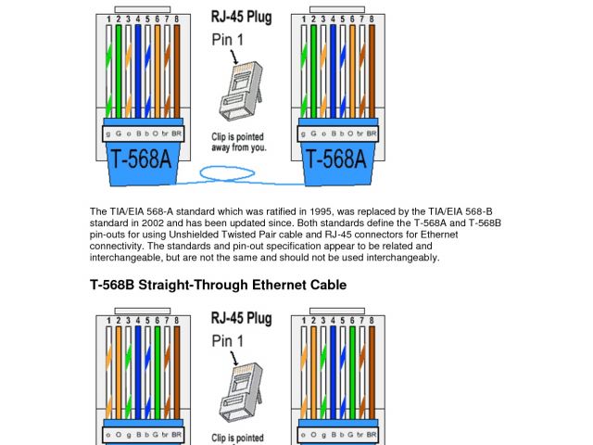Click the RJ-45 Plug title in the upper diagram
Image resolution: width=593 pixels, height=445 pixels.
tap(241, 17)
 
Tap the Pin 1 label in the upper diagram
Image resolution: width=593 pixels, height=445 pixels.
tap(227, 40)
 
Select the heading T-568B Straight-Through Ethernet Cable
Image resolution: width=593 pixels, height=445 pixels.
tap(219, 285)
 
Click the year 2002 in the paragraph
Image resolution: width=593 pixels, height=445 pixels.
tap(153, 222)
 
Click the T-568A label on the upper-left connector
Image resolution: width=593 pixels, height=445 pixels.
tap(141, 159)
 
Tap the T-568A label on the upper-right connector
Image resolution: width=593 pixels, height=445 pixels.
tap(336, 159)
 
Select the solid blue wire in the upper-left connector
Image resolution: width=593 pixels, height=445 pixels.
tap(138, 71)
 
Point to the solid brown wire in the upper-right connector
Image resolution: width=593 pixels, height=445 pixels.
tap(372, 71)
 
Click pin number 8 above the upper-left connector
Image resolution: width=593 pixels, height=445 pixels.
tap(177, 19)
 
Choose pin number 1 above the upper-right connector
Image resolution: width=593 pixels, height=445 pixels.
tap(304, 19)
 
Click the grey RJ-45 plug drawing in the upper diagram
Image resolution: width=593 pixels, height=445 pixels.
tap(241, 91)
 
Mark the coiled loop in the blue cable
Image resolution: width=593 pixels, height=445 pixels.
tap(227, 167)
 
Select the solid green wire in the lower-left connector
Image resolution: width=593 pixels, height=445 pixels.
tap(158, 373)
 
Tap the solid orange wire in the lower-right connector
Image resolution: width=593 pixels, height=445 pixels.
tap(313, 373)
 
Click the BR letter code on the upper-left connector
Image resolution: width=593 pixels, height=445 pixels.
tap(177, 133)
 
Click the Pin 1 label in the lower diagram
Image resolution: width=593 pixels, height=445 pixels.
tap(227, 341)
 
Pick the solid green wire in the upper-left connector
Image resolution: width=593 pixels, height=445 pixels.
tap(119, 71)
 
